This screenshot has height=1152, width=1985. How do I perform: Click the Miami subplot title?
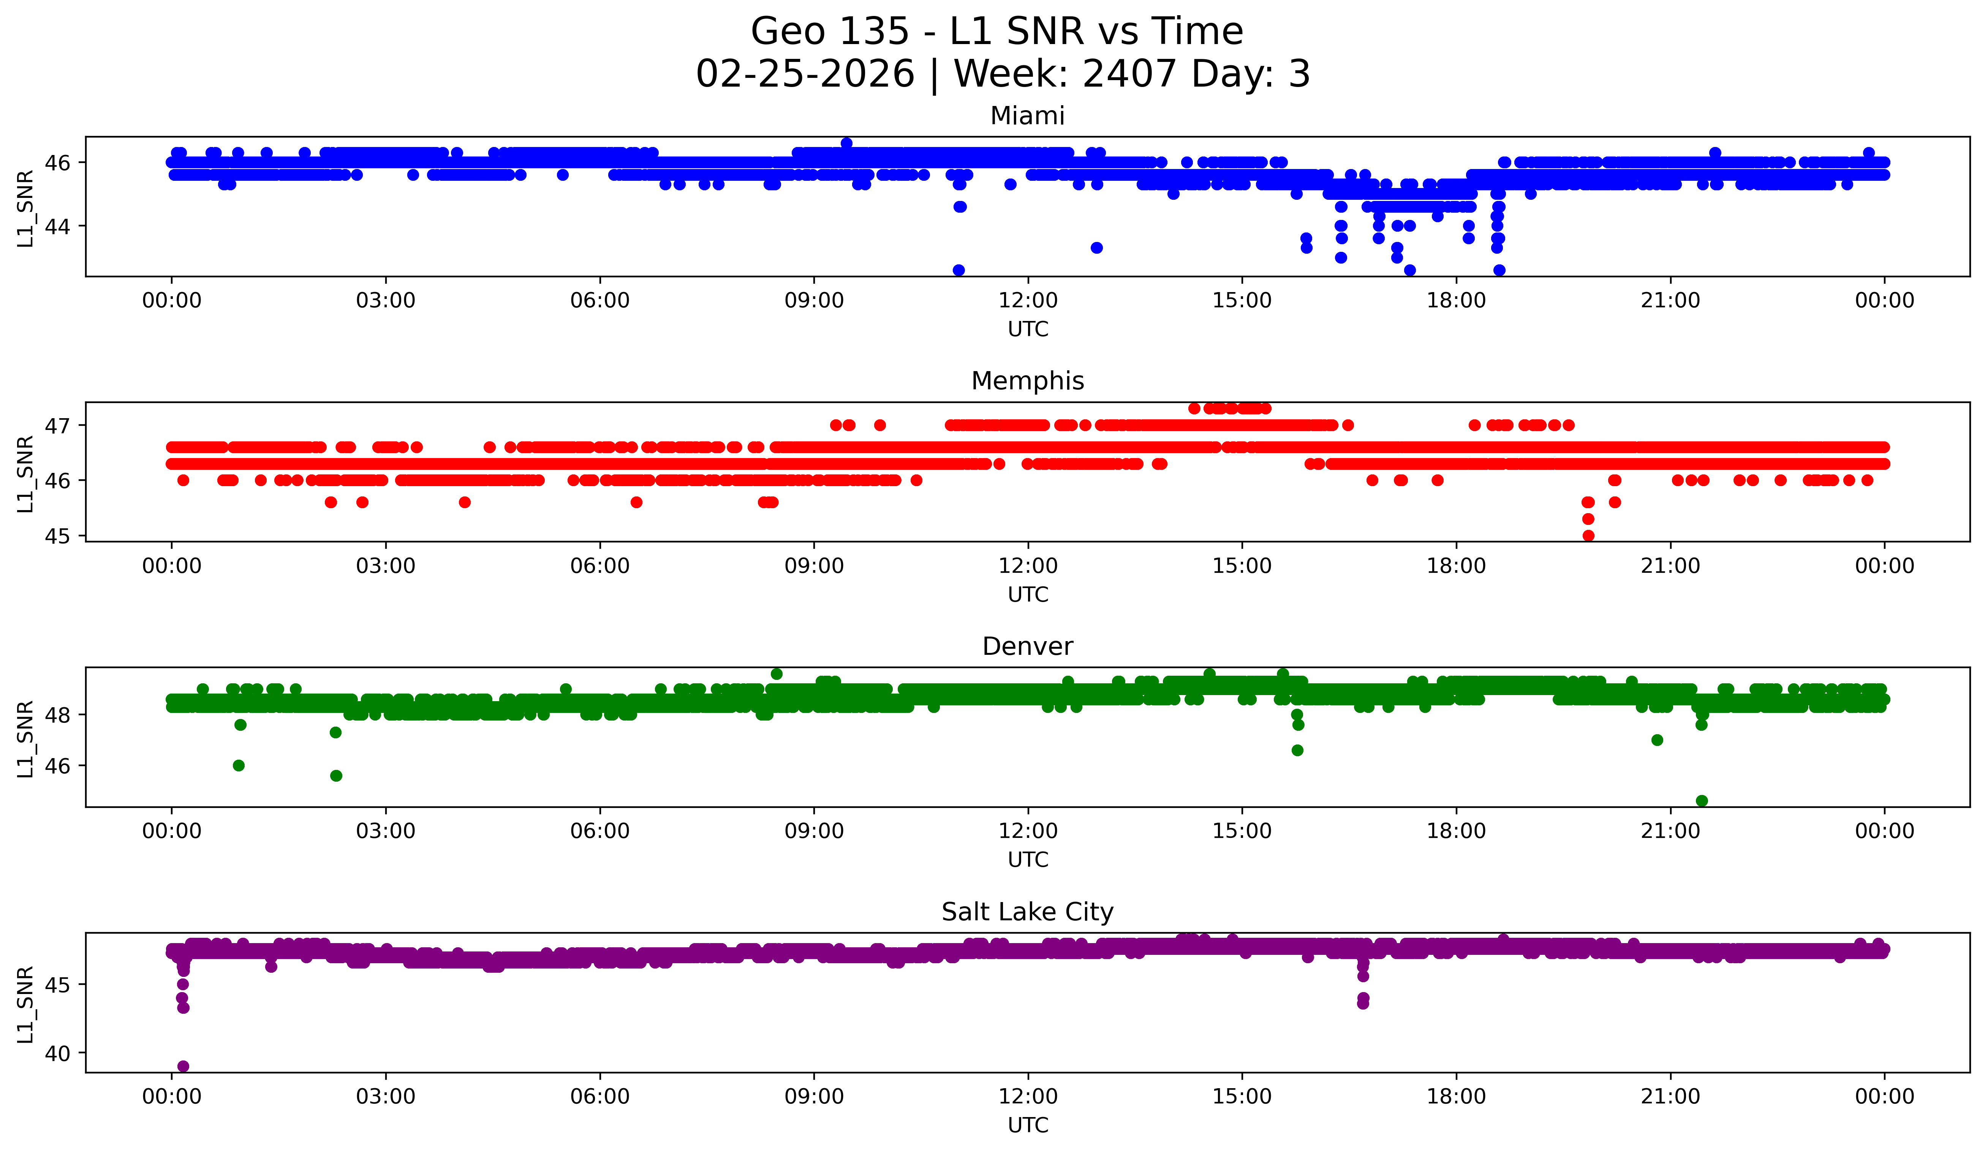point(1027,116)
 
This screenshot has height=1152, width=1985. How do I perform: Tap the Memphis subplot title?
point(1027,381)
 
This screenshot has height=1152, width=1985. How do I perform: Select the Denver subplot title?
point(1027,646)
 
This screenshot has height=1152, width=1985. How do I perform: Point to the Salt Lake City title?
point(1027,912)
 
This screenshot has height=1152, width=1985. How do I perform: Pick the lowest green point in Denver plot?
point(1702,801)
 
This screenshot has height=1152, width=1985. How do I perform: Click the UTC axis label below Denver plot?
point(1028,860)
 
